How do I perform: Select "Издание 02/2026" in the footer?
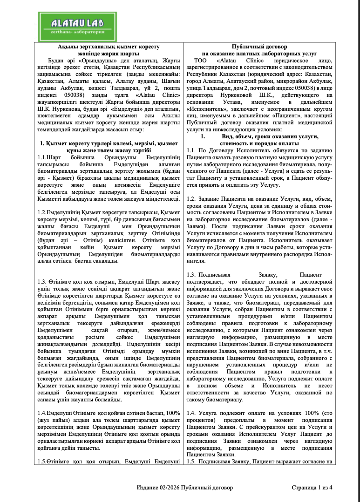[x=158, y=488]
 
